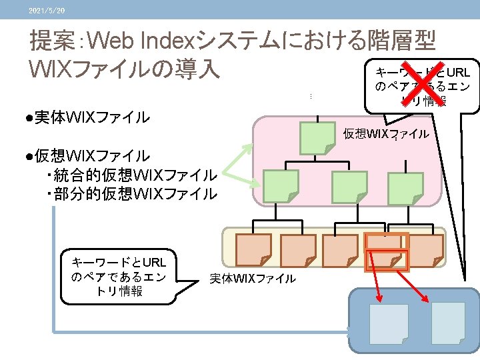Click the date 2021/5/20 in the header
pyautogui.click(x=47, y=10)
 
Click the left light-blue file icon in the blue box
pyautogui.click(x=389, y=324)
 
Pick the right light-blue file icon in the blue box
pyautogui.click(x=448, y=323)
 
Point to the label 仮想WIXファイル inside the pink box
pyautogui.click(x=386, y=134)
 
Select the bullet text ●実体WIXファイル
pyautogui.click(x=84, y=118)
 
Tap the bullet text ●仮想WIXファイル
pyautogui.click(x=84, y=157)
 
